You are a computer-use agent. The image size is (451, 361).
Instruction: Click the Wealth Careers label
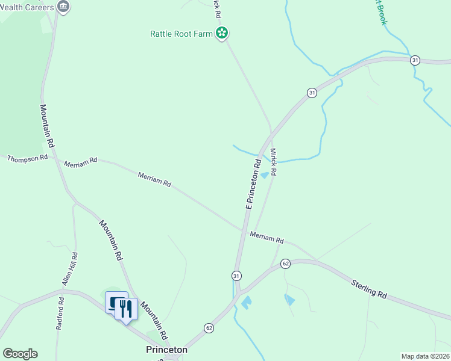coord(27,7)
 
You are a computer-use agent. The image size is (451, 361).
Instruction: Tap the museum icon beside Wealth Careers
coord(63,7)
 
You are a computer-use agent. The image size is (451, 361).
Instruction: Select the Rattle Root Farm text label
coord(181,34)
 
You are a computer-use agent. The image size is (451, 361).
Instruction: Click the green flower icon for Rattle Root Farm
coord(222,33)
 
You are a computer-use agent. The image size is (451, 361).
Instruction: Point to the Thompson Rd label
coord(27,158)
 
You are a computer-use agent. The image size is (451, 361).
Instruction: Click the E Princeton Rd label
coord(253,184)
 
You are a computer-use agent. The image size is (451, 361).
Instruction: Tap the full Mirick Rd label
coord(273,162)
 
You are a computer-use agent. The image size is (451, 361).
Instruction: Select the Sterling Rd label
coord(368,288)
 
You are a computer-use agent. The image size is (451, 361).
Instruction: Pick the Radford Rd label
coord(60,313)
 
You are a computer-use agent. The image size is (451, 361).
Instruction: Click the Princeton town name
coord(166,350)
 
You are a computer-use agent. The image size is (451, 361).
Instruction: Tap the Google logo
coord(20,354)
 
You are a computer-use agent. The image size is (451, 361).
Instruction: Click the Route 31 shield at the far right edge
coord(415,60)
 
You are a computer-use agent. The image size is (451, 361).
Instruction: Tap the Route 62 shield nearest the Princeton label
coord(209,328)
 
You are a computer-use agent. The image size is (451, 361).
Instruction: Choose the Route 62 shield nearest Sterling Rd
coord(286,264)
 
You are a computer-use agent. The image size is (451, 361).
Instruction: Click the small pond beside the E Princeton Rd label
coord(264,175)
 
